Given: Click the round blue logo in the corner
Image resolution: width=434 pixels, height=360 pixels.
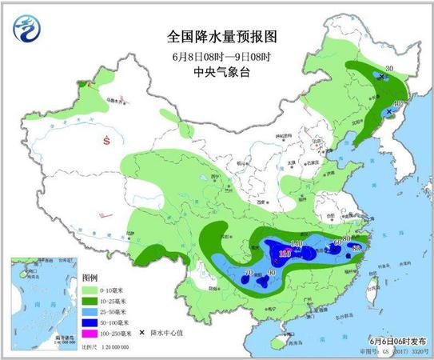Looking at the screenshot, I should click(27, 31).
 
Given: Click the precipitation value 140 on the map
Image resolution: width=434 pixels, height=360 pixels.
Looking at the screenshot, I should click(297, 244).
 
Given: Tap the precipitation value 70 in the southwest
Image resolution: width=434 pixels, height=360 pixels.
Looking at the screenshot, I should click(249, 274).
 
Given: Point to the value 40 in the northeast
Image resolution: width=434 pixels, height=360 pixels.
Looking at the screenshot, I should click(397, 105).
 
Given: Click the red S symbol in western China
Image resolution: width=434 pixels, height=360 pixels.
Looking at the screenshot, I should click(106, 141).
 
